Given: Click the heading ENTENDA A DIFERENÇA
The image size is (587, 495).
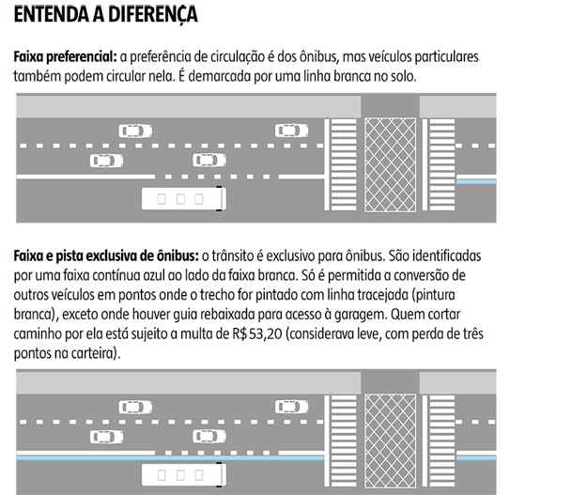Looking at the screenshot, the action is click(x=105, y=14).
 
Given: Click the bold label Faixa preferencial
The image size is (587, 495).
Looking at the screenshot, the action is click(x=66, y=57).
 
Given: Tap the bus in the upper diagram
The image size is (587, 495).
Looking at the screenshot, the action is click(x=184, y=198).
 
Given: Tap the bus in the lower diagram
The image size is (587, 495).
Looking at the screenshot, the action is click(x=184, y=474).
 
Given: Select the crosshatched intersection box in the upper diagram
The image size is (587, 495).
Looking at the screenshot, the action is click(x=391, y=165).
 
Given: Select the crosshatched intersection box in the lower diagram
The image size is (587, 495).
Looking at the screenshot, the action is click(x=391, y=441).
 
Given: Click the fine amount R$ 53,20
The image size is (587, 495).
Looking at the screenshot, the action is click(x=256, y=334).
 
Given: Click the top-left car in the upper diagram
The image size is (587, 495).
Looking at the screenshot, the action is click(x=135, y=131).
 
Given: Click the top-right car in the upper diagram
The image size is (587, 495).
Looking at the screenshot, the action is click(x=292, y=131).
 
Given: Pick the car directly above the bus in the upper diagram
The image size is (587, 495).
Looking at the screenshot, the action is click(x=209, y=161).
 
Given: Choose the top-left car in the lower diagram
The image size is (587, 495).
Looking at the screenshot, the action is click(x=135, y=408).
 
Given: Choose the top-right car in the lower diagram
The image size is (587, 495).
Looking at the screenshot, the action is click(x=292, y=407).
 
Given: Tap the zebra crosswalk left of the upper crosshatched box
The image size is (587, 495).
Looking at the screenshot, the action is click(x=344, y=164).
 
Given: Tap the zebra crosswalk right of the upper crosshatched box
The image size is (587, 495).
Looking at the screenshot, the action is click(x=442, y=164).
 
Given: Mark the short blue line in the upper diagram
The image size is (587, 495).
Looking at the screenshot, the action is click(x=476, y=182).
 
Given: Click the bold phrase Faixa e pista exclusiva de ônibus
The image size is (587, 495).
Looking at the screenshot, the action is click(x=106, y=256).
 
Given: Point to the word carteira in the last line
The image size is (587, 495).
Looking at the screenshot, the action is click(x=94, y=354).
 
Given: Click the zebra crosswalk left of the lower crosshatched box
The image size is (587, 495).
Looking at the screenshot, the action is click(x=344, y=441).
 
